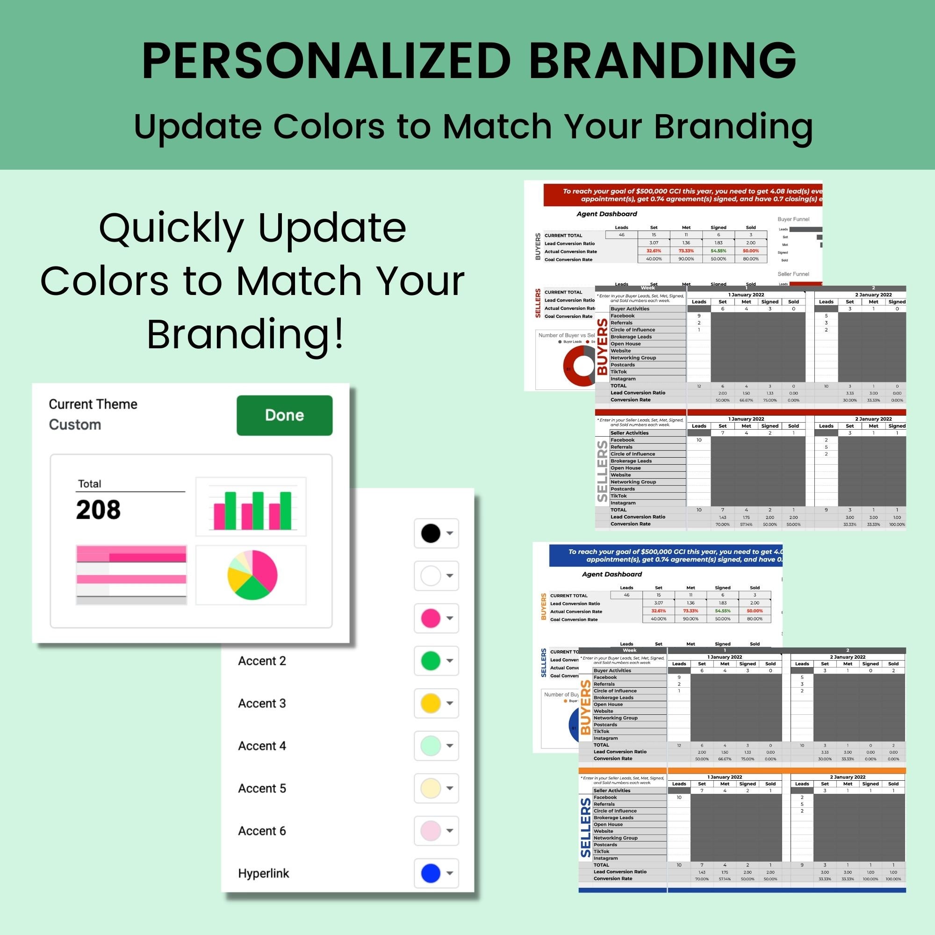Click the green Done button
(284, 415)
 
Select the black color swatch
(430, 533)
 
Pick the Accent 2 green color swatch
(430, 661)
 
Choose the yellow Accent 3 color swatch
(430, 703)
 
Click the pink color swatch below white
(430, 618)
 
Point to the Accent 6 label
(262, 831)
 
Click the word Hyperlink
(263, 874)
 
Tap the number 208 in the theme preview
(98, 510)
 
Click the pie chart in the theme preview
(252, 575)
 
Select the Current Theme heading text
(93, 404)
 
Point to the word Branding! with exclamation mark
(246, 334)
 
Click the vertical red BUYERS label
(602, 346)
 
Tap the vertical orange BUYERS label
(586, 707)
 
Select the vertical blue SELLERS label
(586, 827)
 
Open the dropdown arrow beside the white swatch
(450, 576)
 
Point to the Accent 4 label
(262, 746)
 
